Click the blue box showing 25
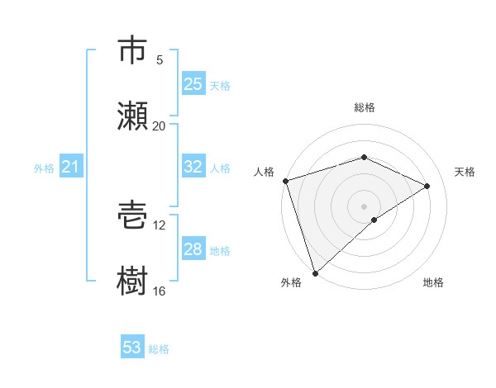193,84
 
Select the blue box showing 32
193,167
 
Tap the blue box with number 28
193,249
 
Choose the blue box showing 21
70,168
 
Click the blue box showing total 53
131,348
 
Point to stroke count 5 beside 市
160,59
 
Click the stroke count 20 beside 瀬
159,125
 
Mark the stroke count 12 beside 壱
159,225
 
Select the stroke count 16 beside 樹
159,291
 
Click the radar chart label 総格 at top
364,107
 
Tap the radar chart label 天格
465,172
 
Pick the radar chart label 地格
433,282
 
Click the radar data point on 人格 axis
285,181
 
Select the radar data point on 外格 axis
315,272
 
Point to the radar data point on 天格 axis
427,186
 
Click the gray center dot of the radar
364,206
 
